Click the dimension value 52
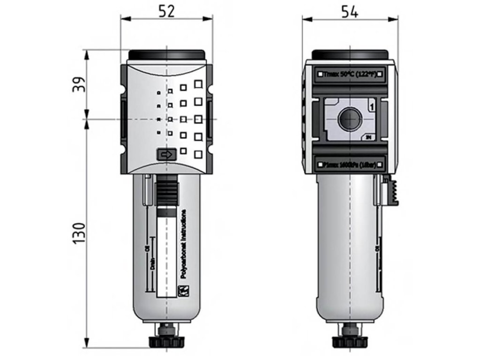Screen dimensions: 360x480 [166, 11]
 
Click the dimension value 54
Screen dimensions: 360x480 [350, 12]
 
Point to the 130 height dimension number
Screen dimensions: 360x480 [79, 232]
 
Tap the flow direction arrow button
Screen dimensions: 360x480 [166, 154]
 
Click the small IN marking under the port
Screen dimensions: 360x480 [369, 137]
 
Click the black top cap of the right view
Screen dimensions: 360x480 [350, 55]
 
